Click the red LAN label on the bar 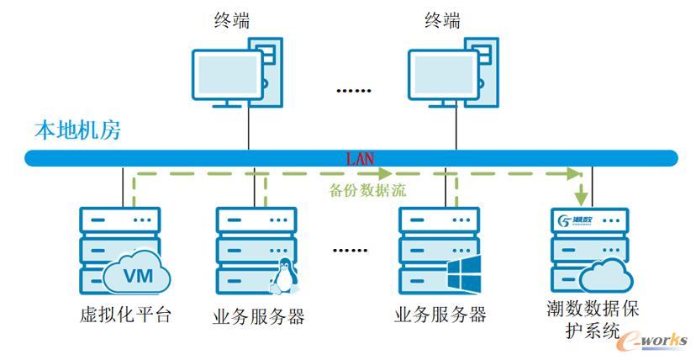[361, 157]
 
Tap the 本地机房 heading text [77, 130]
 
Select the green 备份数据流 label [367, 190]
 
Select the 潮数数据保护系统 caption [592, 320]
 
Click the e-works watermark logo [651, 338]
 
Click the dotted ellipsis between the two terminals [354, 90]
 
